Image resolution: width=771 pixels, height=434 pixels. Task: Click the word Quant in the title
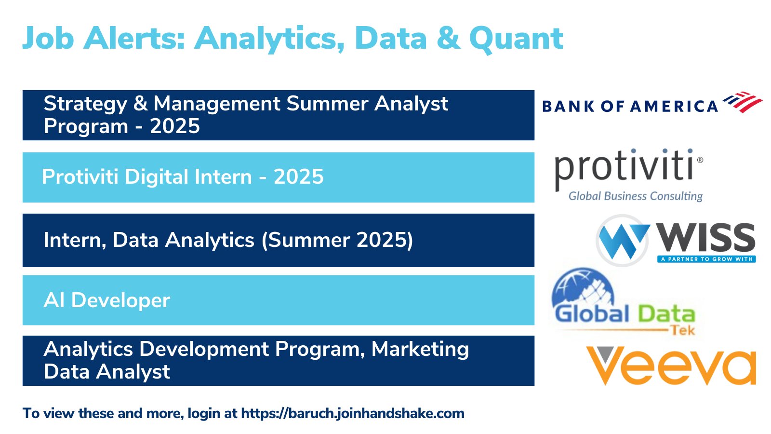516,39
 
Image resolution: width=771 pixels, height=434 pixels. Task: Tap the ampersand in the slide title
448,38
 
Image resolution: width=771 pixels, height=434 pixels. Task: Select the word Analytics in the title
269,39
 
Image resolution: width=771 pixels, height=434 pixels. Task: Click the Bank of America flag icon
743,102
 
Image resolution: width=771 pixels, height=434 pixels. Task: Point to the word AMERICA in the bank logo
674,106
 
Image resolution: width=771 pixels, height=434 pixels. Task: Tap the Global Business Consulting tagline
636,196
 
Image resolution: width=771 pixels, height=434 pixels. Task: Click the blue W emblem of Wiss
623,241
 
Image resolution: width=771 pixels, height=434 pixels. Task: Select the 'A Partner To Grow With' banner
706,259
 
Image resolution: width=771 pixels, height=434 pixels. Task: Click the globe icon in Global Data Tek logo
583,288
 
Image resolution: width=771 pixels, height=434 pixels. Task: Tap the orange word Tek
684,331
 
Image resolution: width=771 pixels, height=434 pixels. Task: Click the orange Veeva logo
671,366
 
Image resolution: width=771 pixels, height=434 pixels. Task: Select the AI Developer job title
106,300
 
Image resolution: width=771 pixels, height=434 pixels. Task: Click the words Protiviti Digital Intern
147,176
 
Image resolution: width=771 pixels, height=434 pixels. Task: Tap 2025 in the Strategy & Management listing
175,126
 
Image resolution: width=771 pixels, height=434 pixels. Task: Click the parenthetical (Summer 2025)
337,240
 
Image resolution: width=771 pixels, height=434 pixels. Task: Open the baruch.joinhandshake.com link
353,413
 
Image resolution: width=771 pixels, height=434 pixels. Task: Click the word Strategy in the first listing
85,104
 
